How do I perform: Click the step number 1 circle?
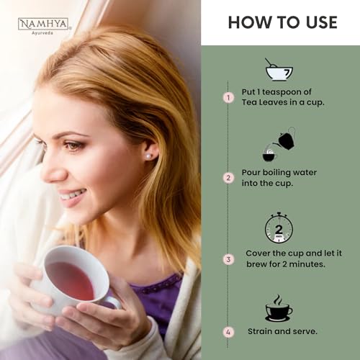tap(228, 98)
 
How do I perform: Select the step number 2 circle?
tap(228, 178)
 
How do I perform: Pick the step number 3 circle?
tap(228, 259)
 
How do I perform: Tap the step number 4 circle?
tap(228, 333)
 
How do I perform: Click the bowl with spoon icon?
tap(279, 70)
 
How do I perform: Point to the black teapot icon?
tap(287, 140)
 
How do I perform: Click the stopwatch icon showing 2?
tap(279, 228)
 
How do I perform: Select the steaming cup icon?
tap(279, 308)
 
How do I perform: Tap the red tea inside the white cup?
tap(70, 280)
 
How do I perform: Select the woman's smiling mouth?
tap(71, 196)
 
